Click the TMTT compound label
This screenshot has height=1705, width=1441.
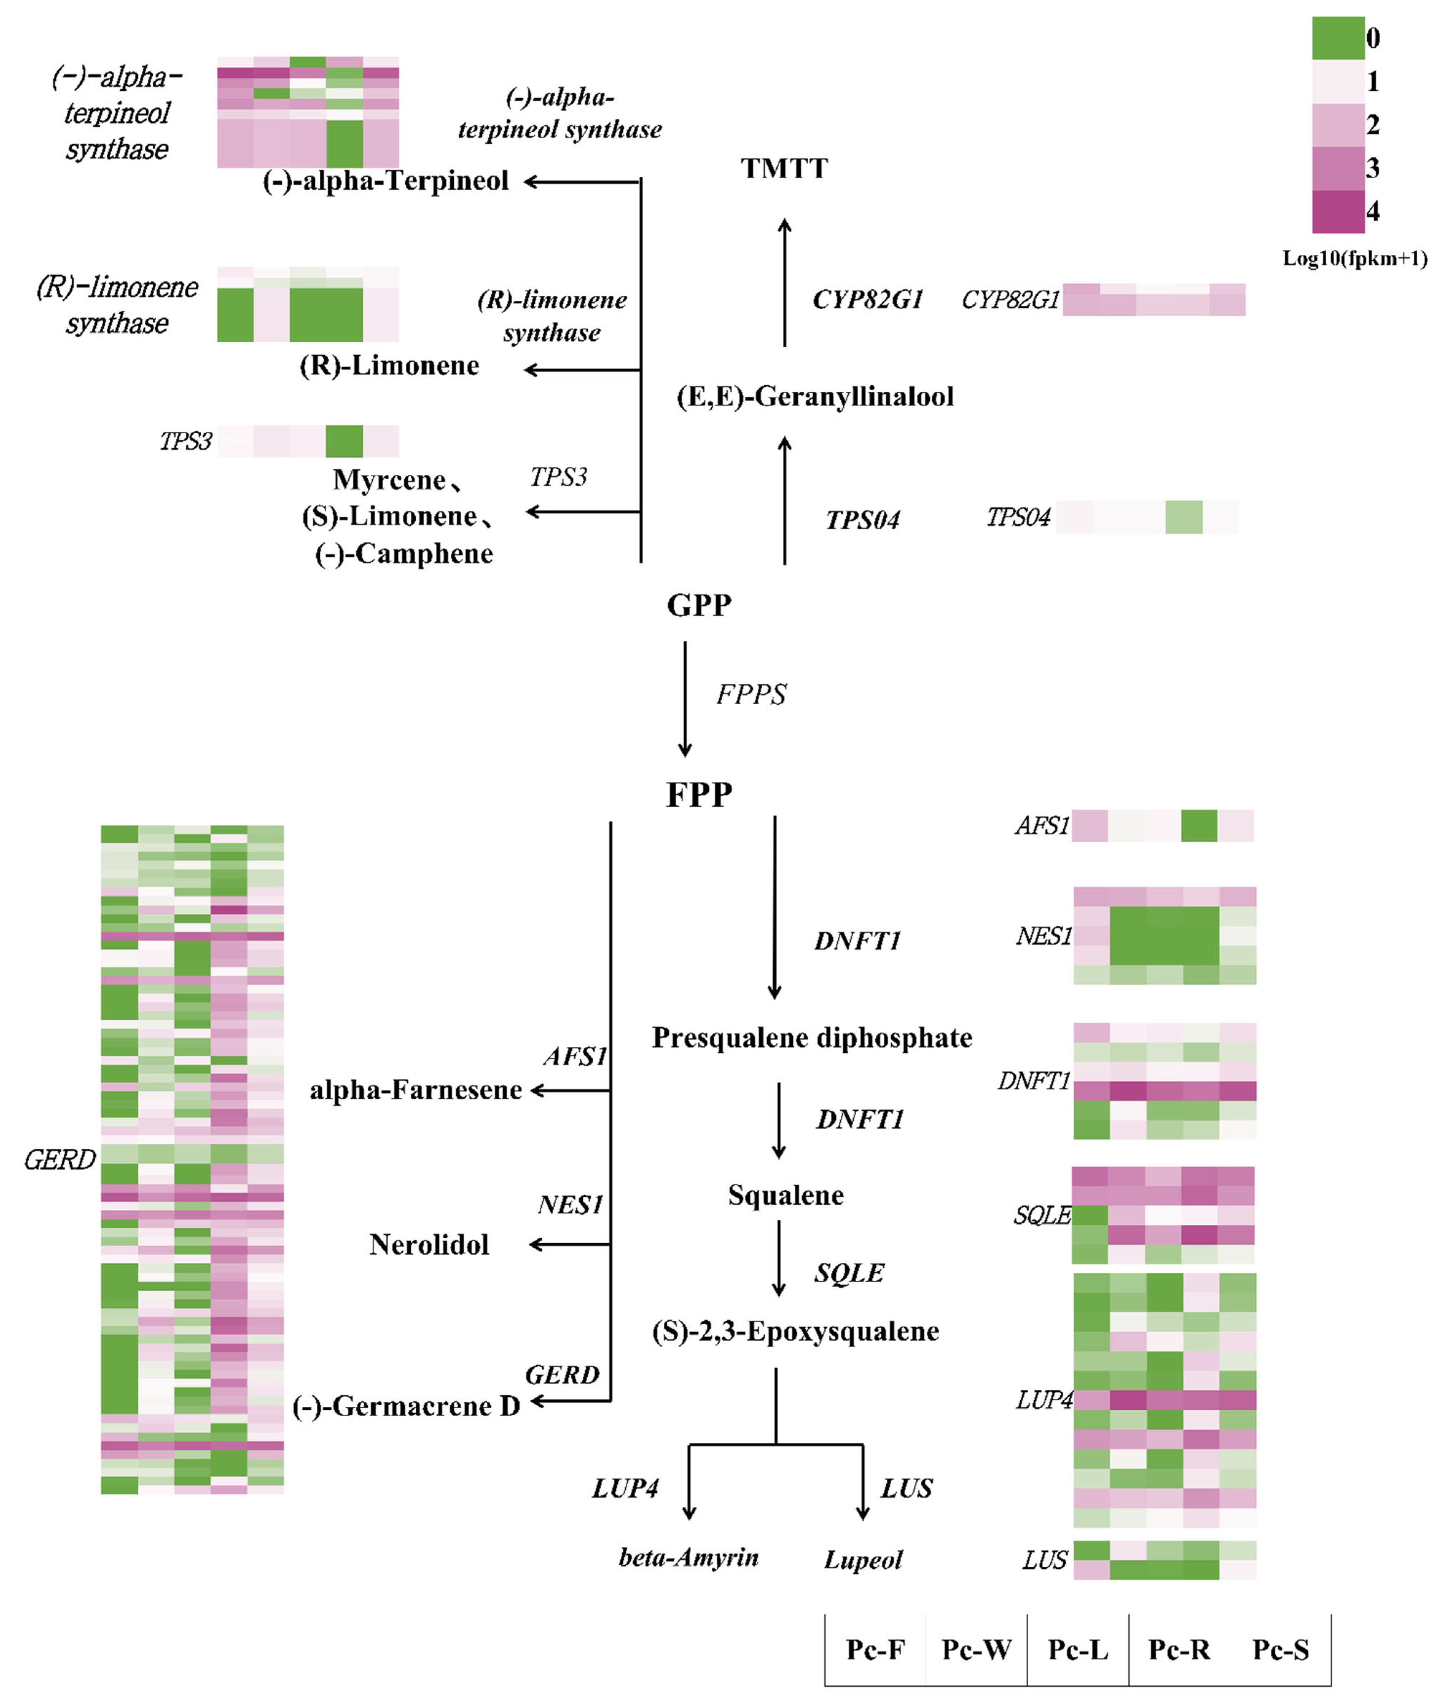coord(784,168)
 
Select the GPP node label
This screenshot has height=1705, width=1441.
coord(699,605)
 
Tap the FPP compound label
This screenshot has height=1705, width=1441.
coord(699,794)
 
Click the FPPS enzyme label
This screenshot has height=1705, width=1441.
coord(751,694)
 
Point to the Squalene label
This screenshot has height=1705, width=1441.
coord(786,1195)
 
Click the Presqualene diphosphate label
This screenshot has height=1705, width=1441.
coord(812,1038)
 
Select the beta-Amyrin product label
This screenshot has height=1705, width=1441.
coord(689,1557)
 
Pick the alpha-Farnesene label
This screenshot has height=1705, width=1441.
coord(416,1090)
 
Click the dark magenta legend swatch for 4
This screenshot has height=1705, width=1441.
coord(1338,211)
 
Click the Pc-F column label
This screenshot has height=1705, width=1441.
coord(875,1649)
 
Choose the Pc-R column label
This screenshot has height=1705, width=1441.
coord(1179,1649)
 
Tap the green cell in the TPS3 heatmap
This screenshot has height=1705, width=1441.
coord(344,441)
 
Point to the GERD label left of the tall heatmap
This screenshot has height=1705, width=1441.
coord(59,1159)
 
